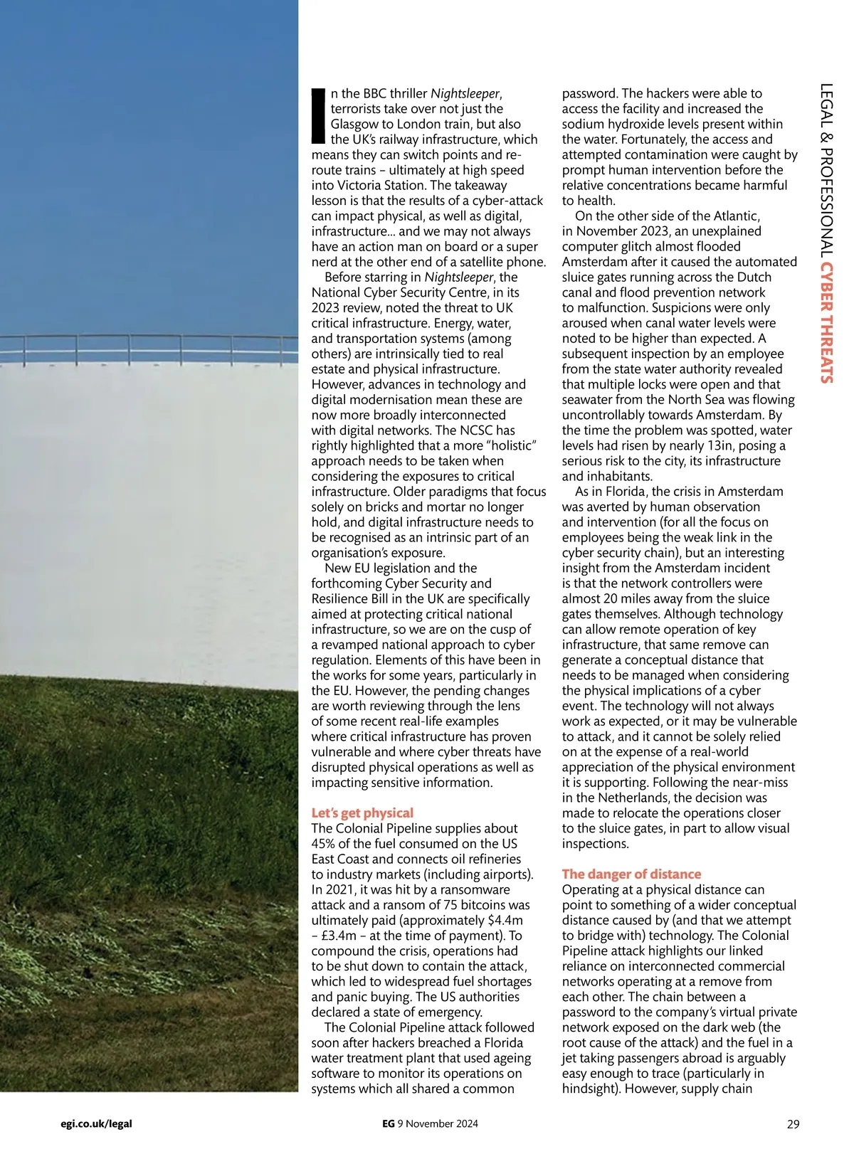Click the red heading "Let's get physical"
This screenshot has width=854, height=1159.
[x=362, y=813]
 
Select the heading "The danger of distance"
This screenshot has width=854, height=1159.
[x=631, y=874]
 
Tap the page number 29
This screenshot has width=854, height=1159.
[x=793, y=1124]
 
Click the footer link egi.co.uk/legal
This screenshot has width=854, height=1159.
[x=97, y=1124]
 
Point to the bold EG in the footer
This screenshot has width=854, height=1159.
[x=388, y=1124]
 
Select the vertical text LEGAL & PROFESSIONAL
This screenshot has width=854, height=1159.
[x=826, y=171]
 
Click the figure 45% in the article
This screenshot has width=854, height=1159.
[x=325, y=843]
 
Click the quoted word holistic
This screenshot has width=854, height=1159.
[x=510, y=445]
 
